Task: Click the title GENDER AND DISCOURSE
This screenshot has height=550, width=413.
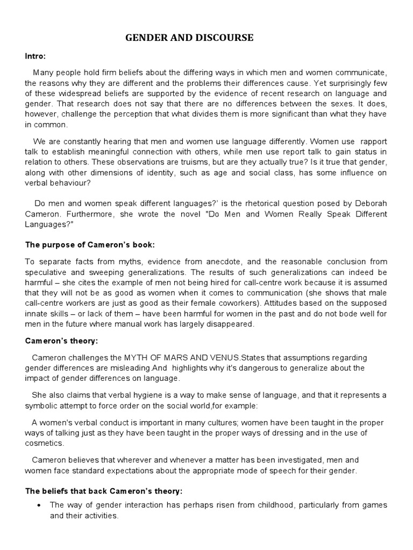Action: [x=189, y=38]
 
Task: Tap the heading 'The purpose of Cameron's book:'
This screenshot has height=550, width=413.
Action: [x=90, y=245]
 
